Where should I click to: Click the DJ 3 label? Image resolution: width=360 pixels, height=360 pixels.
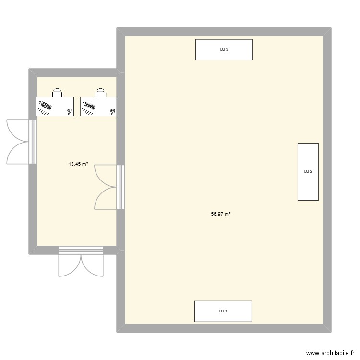(x=224, y=49)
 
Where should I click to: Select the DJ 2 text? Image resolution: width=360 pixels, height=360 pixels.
(x=308, y=171)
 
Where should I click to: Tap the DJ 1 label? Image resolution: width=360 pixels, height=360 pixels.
(x=223, y=312)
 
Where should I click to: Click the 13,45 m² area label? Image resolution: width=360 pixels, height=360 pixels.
(x=78, y=164)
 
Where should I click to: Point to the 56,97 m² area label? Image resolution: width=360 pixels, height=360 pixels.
(x=221, y=214)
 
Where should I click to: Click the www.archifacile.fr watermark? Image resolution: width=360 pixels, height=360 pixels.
(x=330, y=353)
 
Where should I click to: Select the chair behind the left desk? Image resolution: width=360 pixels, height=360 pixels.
(x=57, y=93)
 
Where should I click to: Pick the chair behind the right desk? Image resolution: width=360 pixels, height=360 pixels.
(x=101, y=93)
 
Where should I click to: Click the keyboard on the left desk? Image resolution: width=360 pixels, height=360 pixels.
(x=45, y=106)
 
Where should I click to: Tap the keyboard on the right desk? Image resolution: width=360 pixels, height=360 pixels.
(x=89, y=106)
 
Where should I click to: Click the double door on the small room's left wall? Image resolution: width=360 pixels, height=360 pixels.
(x=22, y=142)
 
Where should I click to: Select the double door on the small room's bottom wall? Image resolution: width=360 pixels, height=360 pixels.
(x=81, y=262)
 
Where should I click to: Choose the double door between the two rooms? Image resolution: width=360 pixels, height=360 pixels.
(x=109, y=187)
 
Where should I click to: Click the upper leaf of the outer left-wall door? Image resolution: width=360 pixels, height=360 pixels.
(x=17, y=131)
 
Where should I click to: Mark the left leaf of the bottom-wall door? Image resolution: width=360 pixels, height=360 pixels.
(x=70, y=265)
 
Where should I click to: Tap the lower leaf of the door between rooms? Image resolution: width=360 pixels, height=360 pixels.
(x=106, y=198)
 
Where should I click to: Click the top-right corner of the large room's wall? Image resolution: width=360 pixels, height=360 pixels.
(x=331, y=28)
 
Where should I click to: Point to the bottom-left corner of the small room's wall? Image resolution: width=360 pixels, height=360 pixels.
(x=29, y=254)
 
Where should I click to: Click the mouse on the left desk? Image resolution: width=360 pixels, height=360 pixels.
(x=70, y=112)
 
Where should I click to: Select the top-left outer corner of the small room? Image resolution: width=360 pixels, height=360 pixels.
(x=29, y=69)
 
